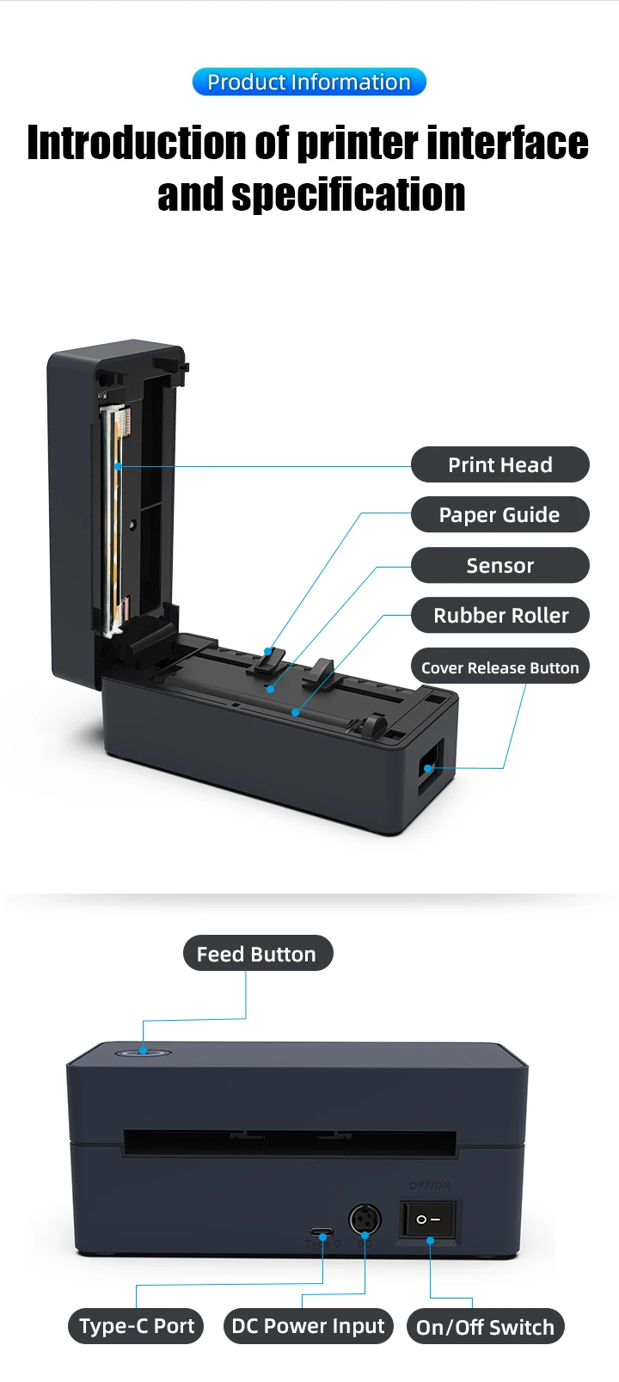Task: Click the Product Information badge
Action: (309, 82)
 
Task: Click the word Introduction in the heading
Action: (138, 143)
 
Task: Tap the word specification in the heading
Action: (348, 195)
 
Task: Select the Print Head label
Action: (499, 465)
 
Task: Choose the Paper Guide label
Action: (499, 515)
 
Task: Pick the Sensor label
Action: (499, 566)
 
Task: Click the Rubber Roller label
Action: (499, 616)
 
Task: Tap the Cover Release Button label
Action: (499, 667)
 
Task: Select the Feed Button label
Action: (257, 954)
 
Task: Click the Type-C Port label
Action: (137, 1326)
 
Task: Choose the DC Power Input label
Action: (308, 1326)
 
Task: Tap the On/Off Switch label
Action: (485, 1327)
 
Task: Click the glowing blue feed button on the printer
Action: (143, 1052)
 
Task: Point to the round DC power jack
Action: (365, 1220)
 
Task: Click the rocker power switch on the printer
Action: (428, 1219)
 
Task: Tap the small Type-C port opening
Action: (323, 1232)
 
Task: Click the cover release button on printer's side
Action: (429, 766)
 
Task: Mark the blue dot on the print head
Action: (118, 467)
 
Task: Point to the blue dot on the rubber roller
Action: (295, 712)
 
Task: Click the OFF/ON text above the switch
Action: (429, 1185)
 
